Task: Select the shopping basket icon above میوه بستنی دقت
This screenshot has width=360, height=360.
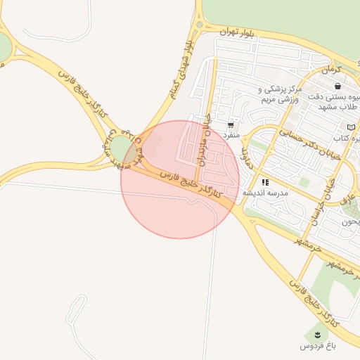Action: pos(338,86)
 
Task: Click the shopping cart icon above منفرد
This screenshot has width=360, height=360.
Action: pos(231,124)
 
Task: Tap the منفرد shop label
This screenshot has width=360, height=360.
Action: pos(231,134)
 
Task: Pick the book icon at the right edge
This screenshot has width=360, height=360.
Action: pos(352,127)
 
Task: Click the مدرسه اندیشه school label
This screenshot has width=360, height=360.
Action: pos(265,193)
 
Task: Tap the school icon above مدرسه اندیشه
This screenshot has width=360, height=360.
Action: pos(265,182)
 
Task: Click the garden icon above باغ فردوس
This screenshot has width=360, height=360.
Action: pos(317,333)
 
